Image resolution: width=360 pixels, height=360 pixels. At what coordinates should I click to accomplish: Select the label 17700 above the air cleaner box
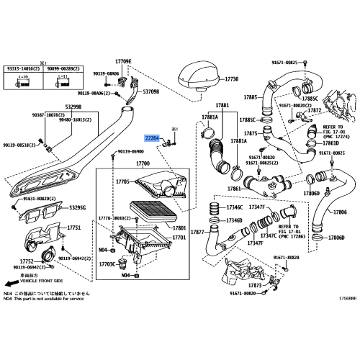[x=142, y=164]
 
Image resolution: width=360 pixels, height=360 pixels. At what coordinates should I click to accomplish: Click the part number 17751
[x=74, y=228]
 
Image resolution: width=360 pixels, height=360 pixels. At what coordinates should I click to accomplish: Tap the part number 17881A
[x=210, y=116]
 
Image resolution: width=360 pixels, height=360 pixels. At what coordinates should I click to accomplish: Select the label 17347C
[x=268, y=235]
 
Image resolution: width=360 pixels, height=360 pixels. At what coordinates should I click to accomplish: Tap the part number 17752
[x=25, y=262]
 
